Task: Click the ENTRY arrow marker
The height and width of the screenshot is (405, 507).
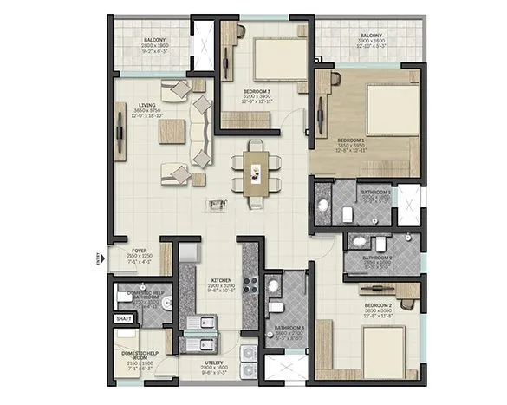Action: (100, 257)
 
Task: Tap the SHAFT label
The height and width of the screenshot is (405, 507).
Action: (123, 319)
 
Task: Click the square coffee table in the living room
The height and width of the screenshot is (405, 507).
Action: (171, 131)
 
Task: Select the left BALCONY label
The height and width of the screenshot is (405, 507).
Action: (155, 40)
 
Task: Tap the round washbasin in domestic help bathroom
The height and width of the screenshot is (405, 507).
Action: (161, 304)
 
